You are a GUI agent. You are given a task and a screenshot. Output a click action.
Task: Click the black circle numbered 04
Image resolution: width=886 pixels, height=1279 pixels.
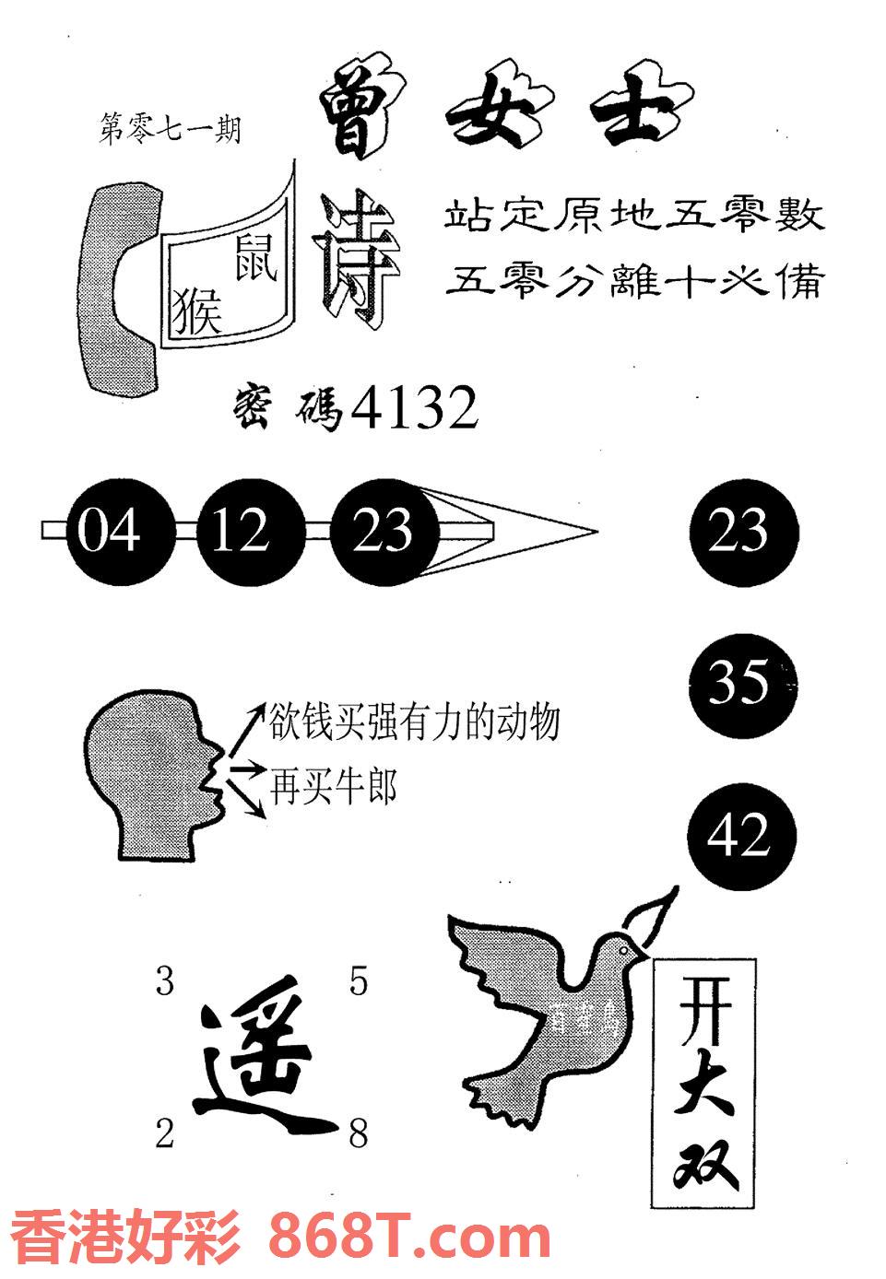110,532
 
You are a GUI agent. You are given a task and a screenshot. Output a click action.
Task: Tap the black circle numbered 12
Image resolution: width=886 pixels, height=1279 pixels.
241,532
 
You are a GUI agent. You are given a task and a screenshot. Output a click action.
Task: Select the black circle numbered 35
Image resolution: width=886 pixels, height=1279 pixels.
743,683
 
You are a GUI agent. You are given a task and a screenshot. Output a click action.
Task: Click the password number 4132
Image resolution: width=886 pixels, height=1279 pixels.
416,408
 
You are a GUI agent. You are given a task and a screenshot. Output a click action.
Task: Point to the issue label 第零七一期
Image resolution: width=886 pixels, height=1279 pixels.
170,130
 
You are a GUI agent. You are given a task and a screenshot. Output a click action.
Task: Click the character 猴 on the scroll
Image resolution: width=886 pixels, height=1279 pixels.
198,311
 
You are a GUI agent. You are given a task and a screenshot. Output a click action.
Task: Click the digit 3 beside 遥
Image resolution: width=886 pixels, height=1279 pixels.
165,982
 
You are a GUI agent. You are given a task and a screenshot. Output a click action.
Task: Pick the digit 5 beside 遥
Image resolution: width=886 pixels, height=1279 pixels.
358,982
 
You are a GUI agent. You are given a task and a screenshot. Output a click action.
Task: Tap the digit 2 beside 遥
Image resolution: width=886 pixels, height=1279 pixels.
165,1134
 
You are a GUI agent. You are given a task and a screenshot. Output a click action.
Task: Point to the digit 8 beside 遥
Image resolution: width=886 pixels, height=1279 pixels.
358,1134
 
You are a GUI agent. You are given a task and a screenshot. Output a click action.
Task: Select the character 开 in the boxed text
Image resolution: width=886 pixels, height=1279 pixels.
704,1012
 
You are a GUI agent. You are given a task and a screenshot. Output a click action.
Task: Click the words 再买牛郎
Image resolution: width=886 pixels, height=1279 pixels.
334,788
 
